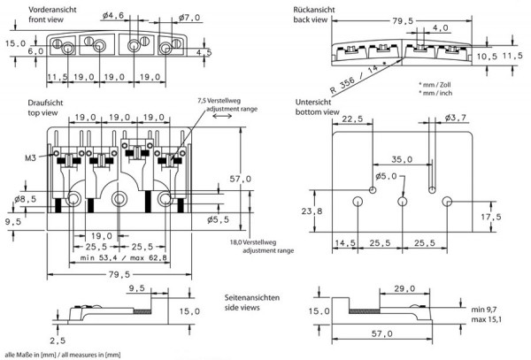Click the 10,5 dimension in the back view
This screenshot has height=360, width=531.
(x=486, y=56)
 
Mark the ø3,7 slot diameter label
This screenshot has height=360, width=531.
(x=457, y=118)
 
